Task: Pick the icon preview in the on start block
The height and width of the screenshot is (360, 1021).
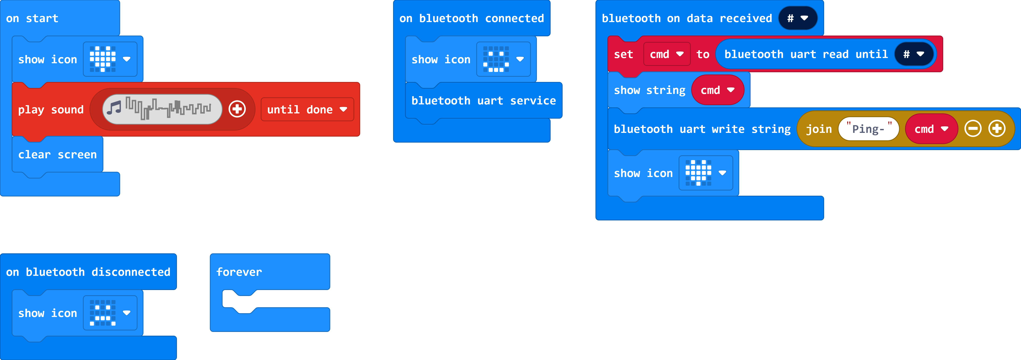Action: [103, 59]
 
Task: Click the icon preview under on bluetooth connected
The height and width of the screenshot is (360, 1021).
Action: [496, 59]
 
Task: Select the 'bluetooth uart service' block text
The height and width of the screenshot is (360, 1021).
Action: [484, 101]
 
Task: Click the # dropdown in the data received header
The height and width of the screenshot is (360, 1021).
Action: [798, 18]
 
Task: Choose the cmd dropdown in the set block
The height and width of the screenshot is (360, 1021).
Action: [666, 54]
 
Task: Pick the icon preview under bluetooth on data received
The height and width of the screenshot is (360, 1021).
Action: [698, 173]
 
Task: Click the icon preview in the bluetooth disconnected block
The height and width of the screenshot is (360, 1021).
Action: [103, 313]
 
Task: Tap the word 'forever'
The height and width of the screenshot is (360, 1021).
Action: [239, 272]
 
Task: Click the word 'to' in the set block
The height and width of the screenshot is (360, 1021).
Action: [703, 54]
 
